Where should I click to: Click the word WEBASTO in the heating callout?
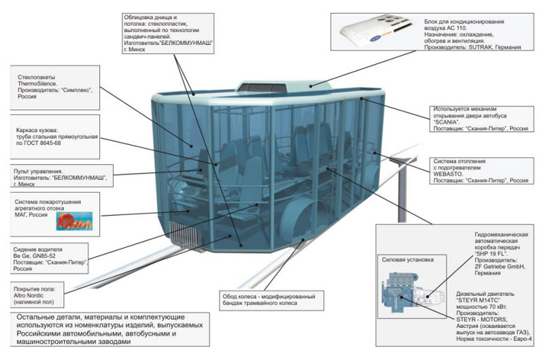[x=451, y=174]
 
